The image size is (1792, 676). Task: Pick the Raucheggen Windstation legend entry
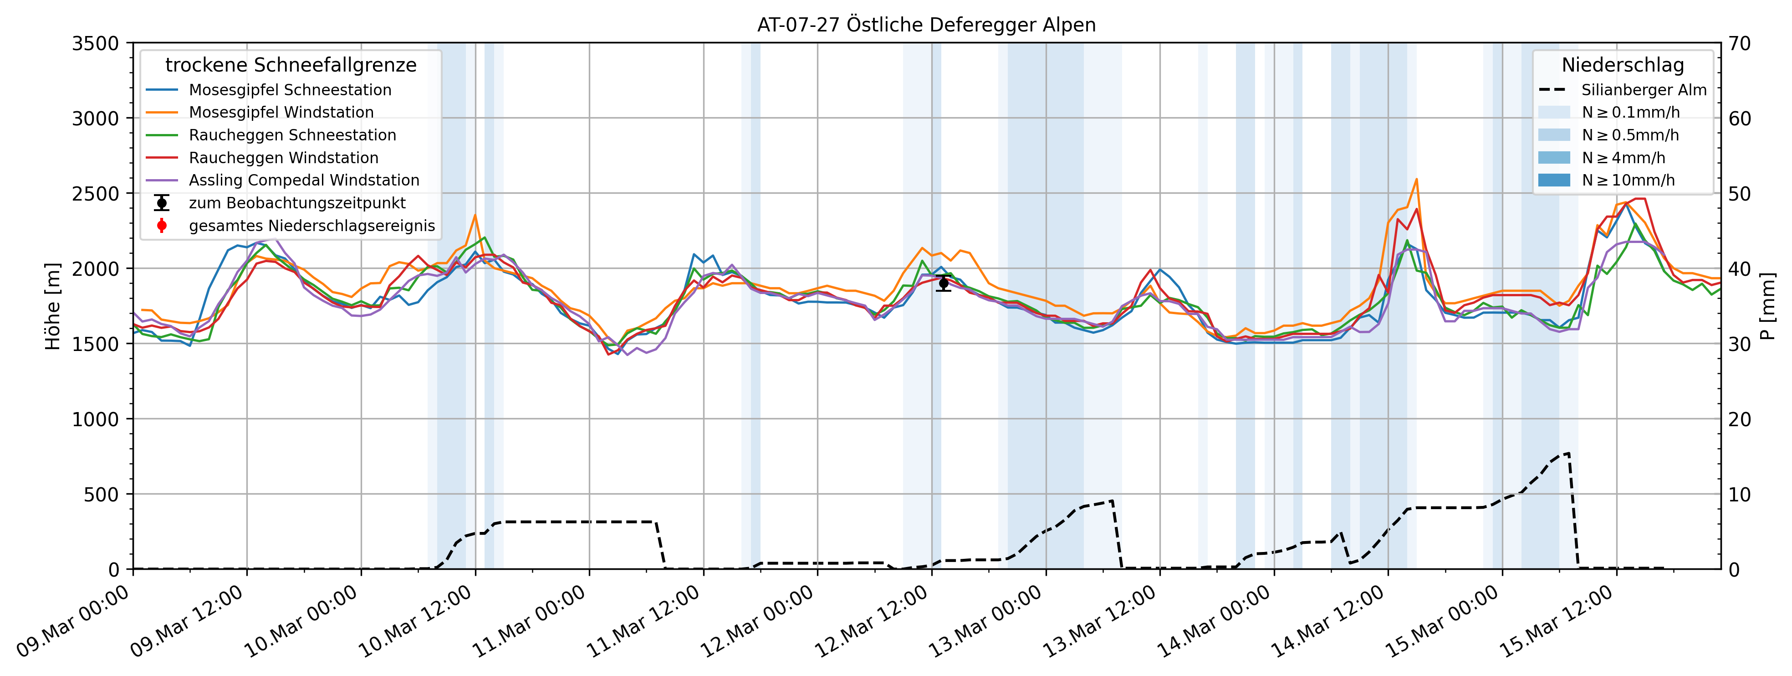click(283, 158)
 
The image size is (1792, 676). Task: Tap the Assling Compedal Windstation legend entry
click(304, 181)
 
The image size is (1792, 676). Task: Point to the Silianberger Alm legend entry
click(1643, 90)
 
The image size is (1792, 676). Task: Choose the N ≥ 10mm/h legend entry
click(1628, 181)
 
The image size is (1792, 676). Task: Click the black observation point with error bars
click(943, 283)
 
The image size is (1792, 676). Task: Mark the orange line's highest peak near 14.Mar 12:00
click(1416, 180)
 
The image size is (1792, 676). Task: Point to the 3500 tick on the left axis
click(95, 44)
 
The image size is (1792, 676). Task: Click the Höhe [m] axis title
click(53, 306)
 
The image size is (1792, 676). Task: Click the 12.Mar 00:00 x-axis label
click(758, 622)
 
